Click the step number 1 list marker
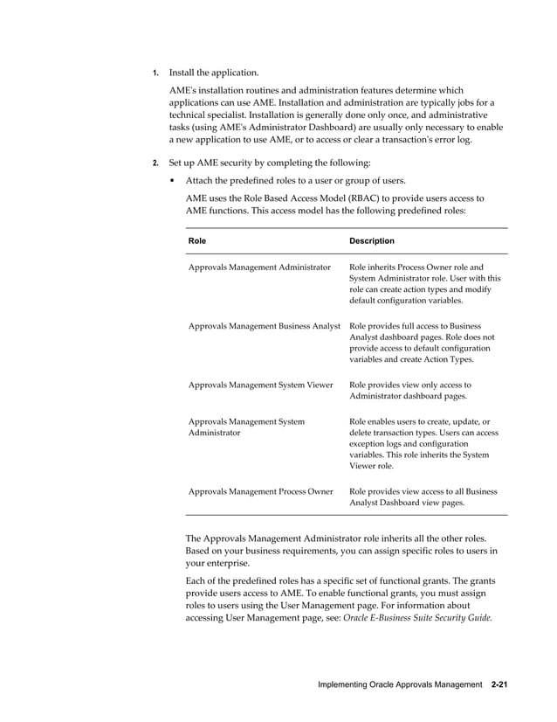[155, 73]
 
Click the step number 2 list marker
[155, 163]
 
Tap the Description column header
[371, 240]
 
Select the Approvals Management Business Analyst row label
[264, 326]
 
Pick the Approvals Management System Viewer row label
[260, 385]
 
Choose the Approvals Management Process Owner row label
[260, 491]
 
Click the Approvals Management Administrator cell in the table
[259, 267]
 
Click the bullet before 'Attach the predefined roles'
[174, 181]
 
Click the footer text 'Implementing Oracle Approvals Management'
[398, 684]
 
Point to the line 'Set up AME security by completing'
[269, 163]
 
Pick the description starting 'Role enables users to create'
[423, 444]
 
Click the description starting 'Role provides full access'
[422, 343]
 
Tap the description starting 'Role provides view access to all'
[423, 496]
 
